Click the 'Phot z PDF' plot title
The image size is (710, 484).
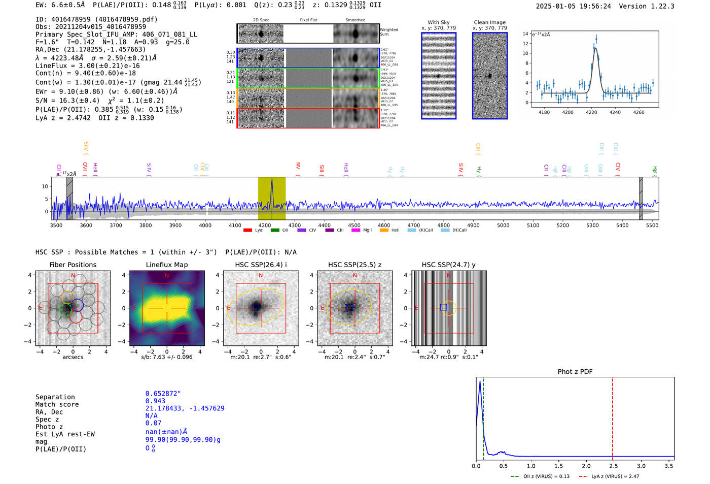(575, 372)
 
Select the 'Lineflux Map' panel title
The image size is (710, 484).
(167, 265)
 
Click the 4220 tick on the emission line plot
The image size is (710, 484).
(591, 112)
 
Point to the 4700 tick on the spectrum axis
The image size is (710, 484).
(414, 225)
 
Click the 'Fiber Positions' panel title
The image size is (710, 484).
(73, 265)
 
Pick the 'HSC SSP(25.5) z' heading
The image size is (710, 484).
(354, 265)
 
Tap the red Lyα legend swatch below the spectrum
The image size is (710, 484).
(247, 231)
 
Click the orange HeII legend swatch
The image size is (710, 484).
(384, 231)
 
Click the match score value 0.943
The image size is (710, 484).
(155, 401)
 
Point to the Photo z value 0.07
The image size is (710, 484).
(153, 423)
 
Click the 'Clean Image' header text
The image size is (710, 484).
(489, 22)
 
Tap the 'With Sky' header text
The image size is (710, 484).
(438, 22)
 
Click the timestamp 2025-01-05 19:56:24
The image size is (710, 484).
(573, 6)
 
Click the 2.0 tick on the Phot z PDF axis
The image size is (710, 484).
(586, 466)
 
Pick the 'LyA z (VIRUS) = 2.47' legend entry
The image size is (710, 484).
(615, 476)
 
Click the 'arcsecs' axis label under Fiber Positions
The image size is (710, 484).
(73, 357)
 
